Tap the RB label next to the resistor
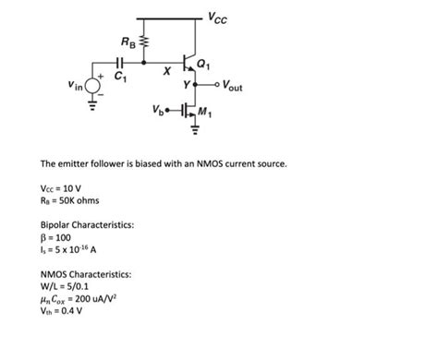(x=128, y=42)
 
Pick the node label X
(x=166, y=71)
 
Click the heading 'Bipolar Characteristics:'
(x=88, y=225)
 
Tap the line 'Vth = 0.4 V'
(x=62, y=311)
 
